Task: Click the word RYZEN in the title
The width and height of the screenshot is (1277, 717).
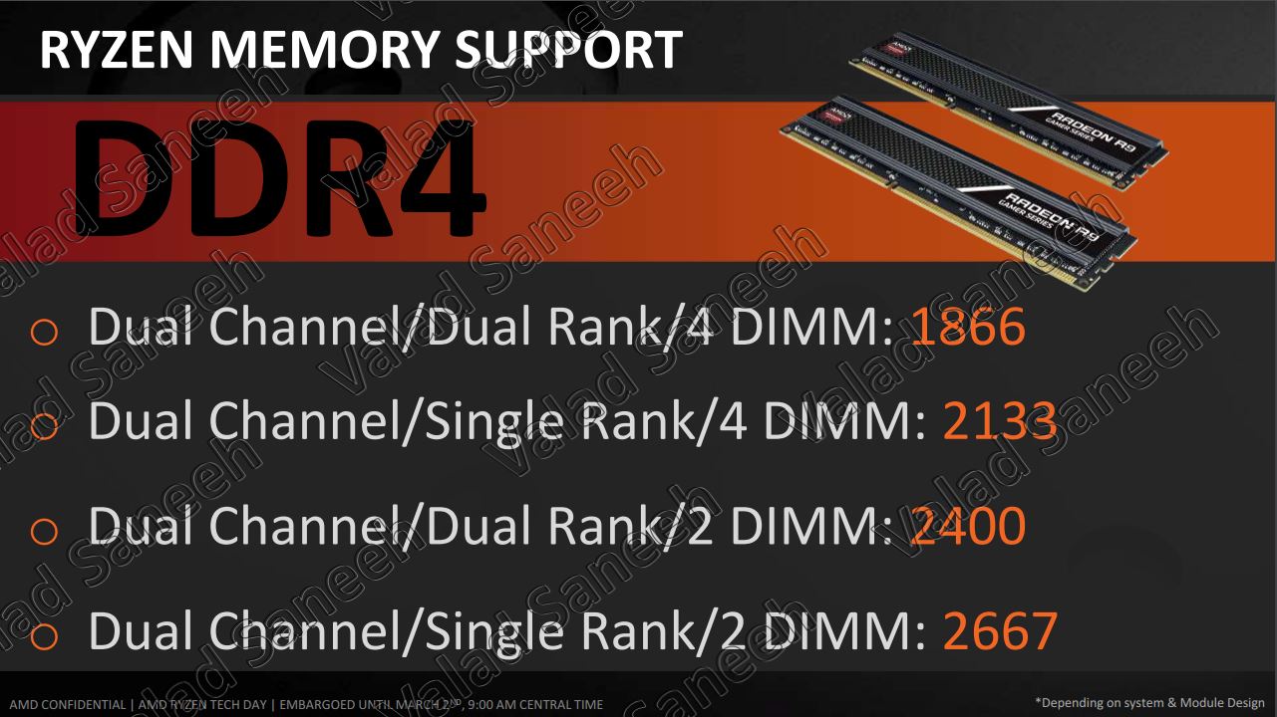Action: coord(117,50)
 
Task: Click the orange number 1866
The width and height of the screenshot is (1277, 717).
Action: coord(968,327)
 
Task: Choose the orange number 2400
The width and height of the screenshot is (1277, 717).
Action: coord(968,525)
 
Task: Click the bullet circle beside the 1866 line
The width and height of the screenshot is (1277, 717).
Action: coord(44,332)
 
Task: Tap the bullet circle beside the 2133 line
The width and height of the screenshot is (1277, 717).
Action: coord(44,426)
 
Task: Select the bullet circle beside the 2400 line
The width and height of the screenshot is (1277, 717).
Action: coord(44,531)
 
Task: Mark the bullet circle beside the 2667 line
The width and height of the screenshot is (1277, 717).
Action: coord(44,635)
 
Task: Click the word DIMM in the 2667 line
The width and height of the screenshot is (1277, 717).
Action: coord(844,630)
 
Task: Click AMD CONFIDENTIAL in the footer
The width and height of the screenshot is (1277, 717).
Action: coord(67,704)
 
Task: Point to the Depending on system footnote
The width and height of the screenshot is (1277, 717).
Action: coord(1147,703)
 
